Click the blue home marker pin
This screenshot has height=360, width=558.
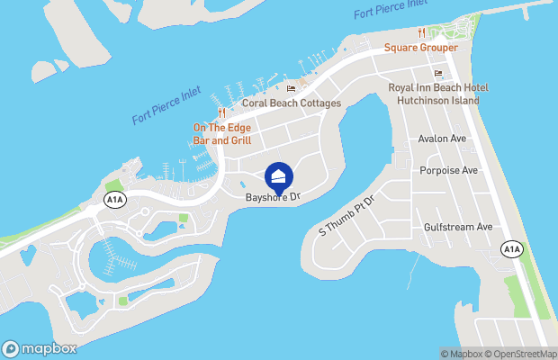coord(279,175)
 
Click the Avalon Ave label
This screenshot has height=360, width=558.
coord(442,139)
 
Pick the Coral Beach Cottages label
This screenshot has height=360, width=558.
coord(292,103)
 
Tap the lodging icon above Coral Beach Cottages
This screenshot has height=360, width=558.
coord(291,88)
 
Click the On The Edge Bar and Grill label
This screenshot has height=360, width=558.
coord(221,134)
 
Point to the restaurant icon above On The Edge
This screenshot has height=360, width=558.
coord(221,112)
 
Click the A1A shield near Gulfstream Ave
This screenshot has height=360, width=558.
coord(511,248)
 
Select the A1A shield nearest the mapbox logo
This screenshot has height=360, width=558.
coord(113,199)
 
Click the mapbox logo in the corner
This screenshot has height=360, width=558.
coord(40,348)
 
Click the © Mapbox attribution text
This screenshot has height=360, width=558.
coord(462,353)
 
